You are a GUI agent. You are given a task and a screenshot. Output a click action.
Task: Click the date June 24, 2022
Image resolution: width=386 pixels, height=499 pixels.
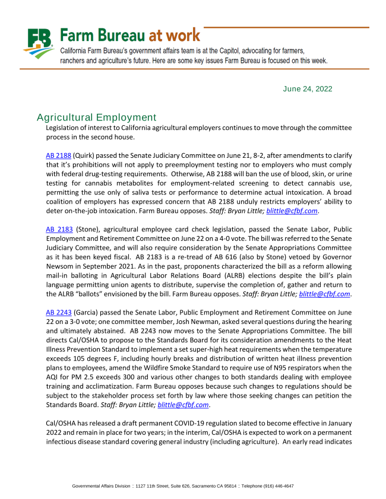[x=308, y=89]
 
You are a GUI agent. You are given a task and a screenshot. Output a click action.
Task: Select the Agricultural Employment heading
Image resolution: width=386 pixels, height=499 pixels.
[x=96, y=117]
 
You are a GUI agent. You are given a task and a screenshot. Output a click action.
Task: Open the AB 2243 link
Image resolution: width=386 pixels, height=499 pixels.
[x=58, y=312]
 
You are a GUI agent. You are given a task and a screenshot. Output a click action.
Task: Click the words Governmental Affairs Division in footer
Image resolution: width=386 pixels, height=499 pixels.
[x=98, y=486]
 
